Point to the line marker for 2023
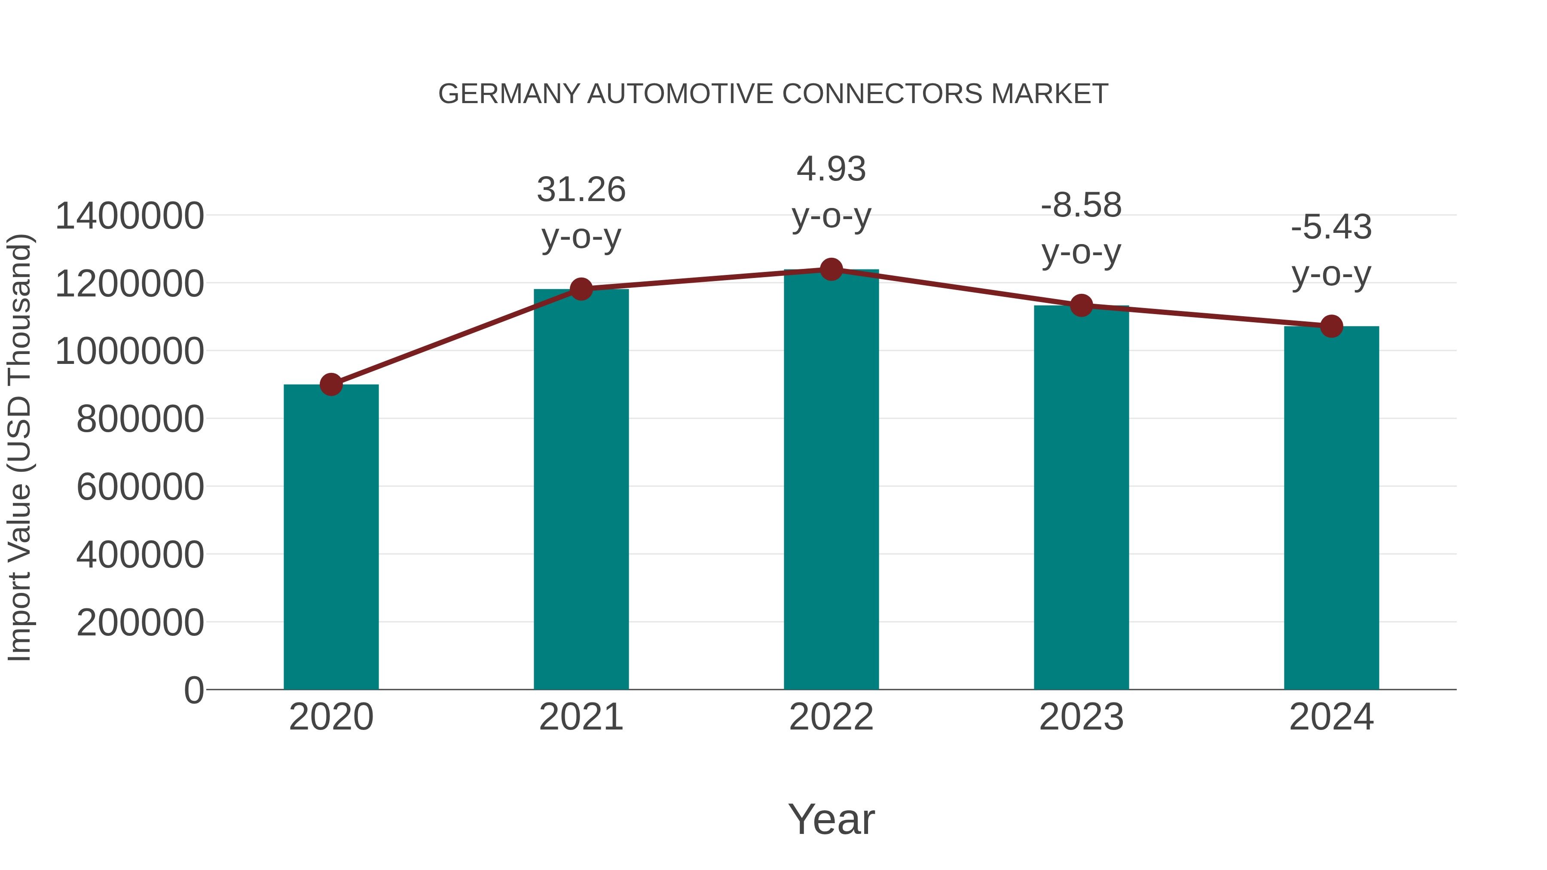tap(1081, 305)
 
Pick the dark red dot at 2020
tap(331, 384)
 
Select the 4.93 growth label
tap(831, 169)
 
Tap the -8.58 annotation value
tap(1081, 205)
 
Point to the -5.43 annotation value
tap(1331, 228)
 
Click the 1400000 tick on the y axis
tap(129, 216)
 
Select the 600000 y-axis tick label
tap(140, 487)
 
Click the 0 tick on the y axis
tap(193, 690)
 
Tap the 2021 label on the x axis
tap(581, 717)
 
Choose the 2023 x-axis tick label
tap(1081, 717)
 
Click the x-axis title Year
tap(831, 819)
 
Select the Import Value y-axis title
tap(19, 447)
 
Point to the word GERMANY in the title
tap(509, 94)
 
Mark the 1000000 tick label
tap(129, 352)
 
